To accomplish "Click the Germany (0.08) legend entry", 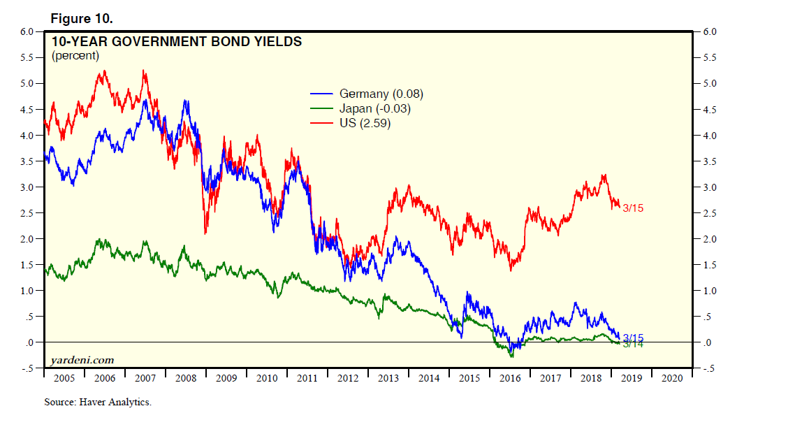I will [381, 94].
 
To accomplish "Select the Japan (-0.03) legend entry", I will [374, 108].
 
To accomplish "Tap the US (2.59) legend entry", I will [365, 124].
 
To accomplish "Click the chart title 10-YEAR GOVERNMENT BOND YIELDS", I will [177, 42].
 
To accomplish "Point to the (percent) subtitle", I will [75, 55].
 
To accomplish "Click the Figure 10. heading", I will [82, 18].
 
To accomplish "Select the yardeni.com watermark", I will [82, 360].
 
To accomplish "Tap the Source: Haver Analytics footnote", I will [98, 402].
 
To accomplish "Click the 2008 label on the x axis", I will [186, 378].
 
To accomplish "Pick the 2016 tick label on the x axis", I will [510, 378].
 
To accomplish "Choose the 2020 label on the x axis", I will [672, 378].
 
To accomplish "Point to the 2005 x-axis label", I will [64, 378].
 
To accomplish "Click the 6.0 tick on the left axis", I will [27, 32].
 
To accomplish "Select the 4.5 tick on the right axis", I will [708, 110].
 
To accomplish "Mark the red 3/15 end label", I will [633, 208].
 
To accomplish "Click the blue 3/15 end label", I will [633, 337].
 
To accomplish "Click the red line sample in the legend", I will [322, 124].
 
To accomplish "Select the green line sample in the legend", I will [322, 108].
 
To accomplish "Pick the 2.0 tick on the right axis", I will [708, 239].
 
